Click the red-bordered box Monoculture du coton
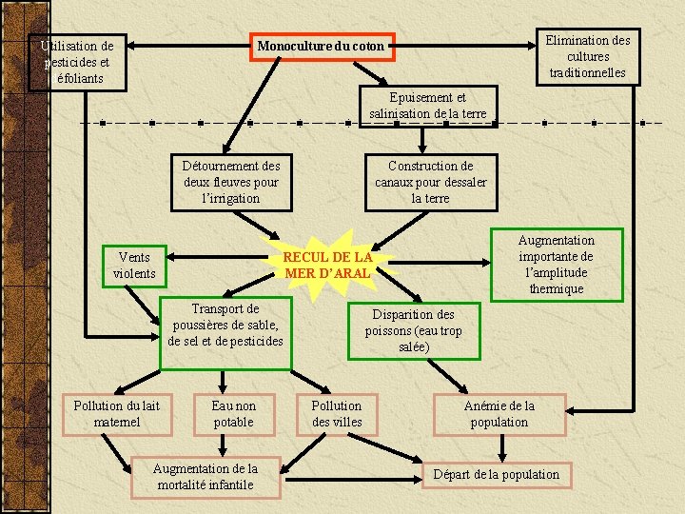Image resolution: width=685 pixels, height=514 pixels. (x=321, y=46)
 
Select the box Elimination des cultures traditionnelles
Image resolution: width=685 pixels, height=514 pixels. (x=587, y=56)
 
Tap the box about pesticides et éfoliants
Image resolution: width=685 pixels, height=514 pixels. (x=77, y=62)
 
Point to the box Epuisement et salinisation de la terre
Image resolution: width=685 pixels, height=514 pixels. (x=428, y=106)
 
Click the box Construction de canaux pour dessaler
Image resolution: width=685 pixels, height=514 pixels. (x=430, y=182)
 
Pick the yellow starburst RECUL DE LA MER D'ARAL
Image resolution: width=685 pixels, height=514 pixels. (x=328, y=265)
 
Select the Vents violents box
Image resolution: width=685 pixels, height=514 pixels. (x=134, y=266)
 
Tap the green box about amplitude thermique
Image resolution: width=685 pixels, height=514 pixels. (x=556, y=265)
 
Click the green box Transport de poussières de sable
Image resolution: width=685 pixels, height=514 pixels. (x=225, y=325)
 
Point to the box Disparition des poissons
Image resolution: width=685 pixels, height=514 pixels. (x=413, y=330)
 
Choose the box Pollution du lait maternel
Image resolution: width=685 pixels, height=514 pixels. (x=118, y=414)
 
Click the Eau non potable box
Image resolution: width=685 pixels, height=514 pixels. (x=233, y=414)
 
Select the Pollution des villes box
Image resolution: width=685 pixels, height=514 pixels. (x=337, y=414)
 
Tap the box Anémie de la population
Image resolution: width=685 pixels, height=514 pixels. (x=499, y=414)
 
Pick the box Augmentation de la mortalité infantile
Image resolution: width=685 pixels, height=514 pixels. (x=205, y=476)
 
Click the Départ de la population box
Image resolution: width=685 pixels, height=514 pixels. (x=497, y=474)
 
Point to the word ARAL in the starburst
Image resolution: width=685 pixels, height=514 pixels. (x=350, y=273)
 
